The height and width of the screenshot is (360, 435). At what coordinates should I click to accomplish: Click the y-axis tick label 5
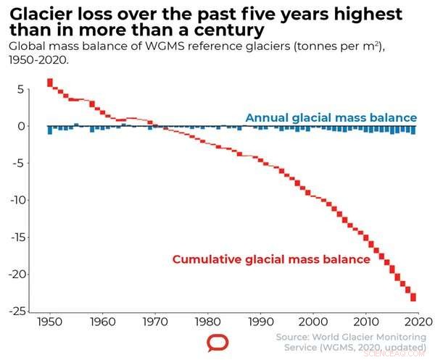pyautogui.click(x=22, y=90)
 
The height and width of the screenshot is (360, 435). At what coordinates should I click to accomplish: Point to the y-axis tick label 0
pyautogui.click(x=22, y=126)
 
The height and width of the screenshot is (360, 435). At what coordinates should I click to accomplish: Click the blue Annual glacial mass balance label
pyautogui.click(x=331, y=117)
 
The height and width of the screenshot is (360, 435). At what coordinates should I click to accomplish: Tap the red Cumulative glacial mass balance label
pyautogui.click(x=271, y=259)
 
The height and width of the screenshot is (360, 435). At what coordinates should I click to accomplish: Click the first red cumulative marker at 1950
pyautogui.click(x=49, y=82)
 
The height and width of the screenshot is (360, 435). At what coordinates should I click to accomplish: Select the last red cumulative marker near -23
pyautogui.click(x=413, y=297)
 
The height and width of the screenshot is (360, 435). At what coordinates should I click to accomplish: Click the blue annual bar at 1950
pyautogui.click(x=49, y=130)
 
